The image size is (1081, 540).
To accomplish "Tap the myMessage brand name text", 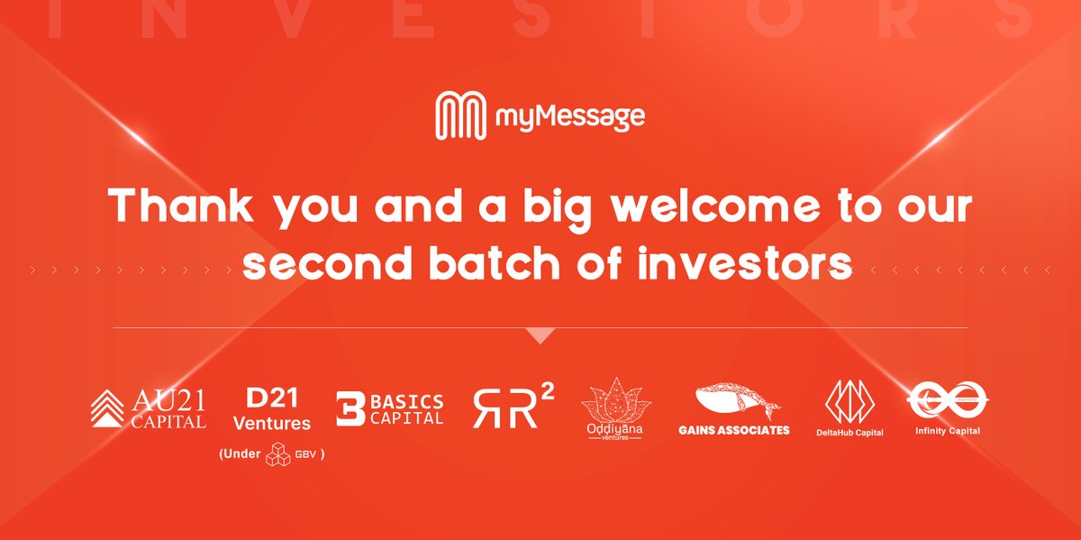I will (569, 117).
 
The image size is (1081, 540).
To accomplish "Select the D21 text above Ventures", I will (271, 398).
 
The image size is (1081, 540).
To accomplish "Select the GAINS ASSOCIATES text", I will (733, 430).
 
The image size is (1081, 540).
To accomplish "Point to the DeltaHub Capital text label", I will (850, 433).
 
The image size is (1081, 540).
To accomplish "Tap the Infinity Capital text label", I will (947, 431).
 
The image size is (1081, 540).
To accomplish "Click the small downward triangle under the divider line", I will (540, 335).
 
